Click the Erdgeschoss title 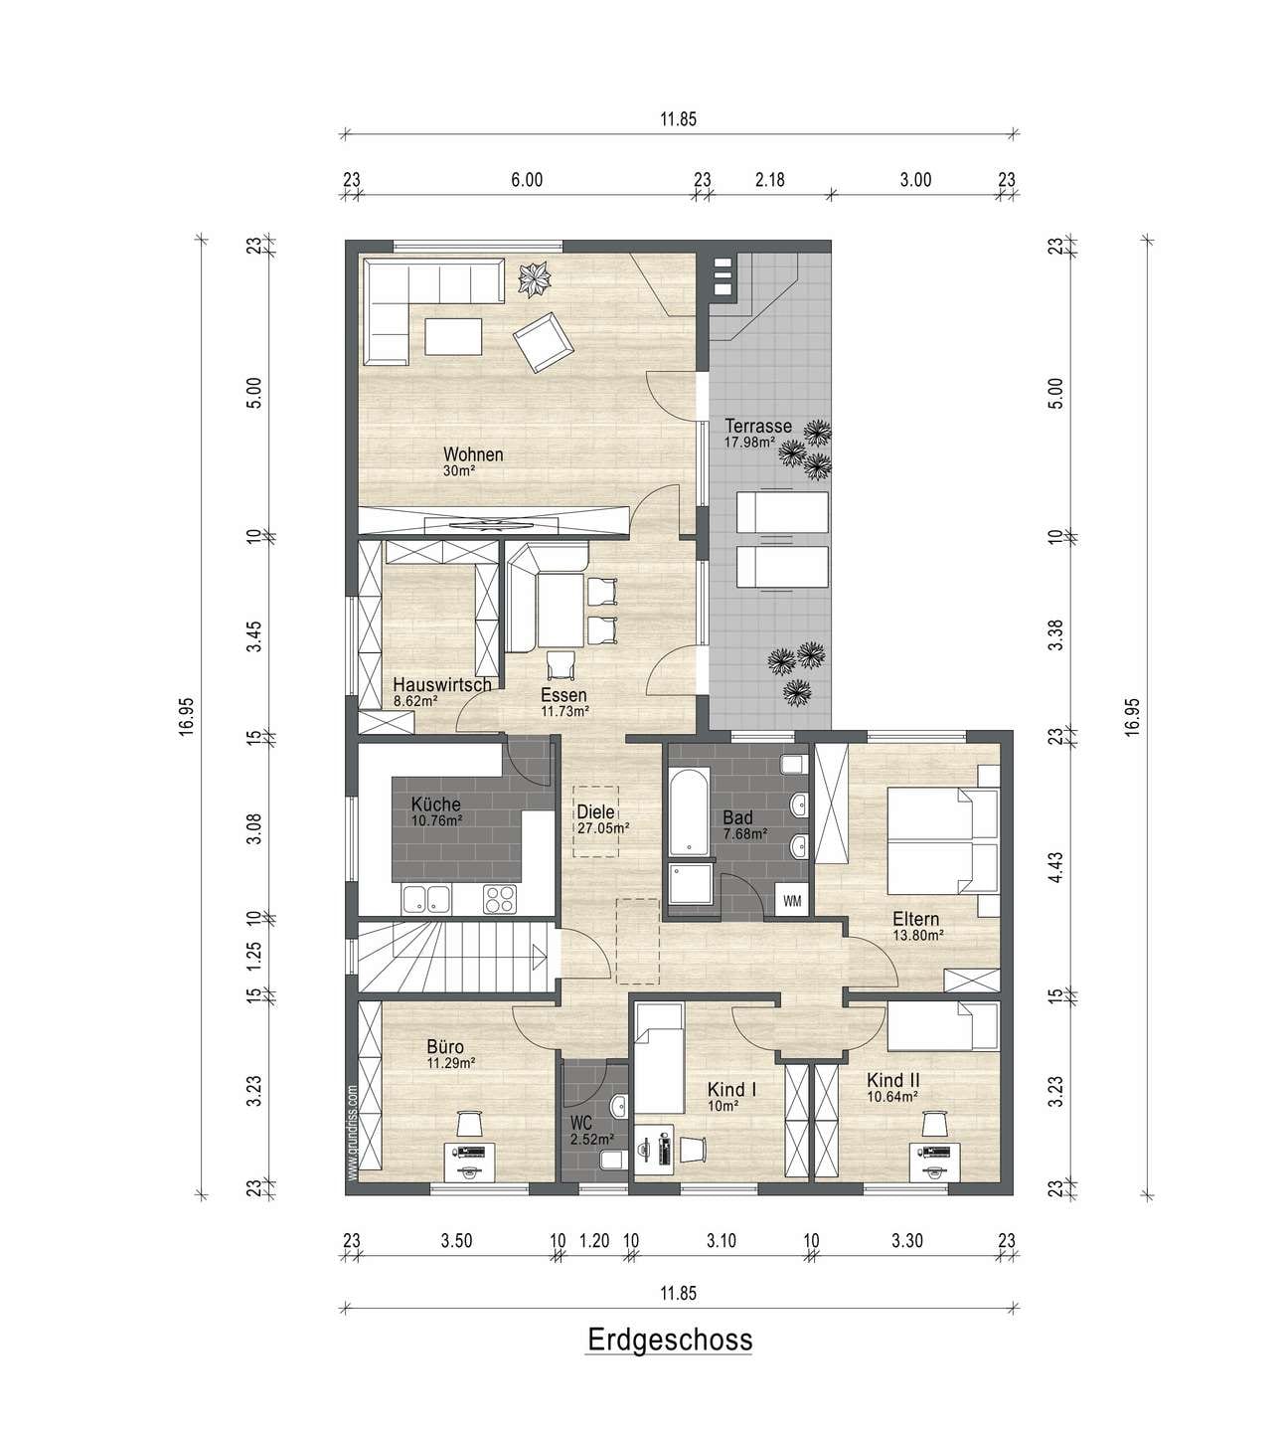pos(670,1340)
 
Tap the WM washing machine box pos(792,901)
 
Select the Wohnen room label pos(473,454)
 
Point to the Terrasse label pos(758,427)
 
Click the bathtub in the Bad pos(688,811)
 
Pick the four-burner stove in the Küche pos(500,899)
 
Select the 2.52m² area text pos(592,1140)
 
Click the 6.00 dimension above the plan pos(527,180)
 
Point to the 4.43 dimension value pos(1055,867)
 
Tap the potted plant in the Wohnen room pos(534,278)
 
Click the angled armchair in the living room pos(543,341)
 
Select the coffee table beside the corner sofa pos(453,336)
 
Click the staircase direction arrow pos(540,958)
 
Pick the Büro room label pos(445,1047)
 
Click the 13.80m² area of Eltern pos(918,936)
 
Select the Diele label pos(595,812)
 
